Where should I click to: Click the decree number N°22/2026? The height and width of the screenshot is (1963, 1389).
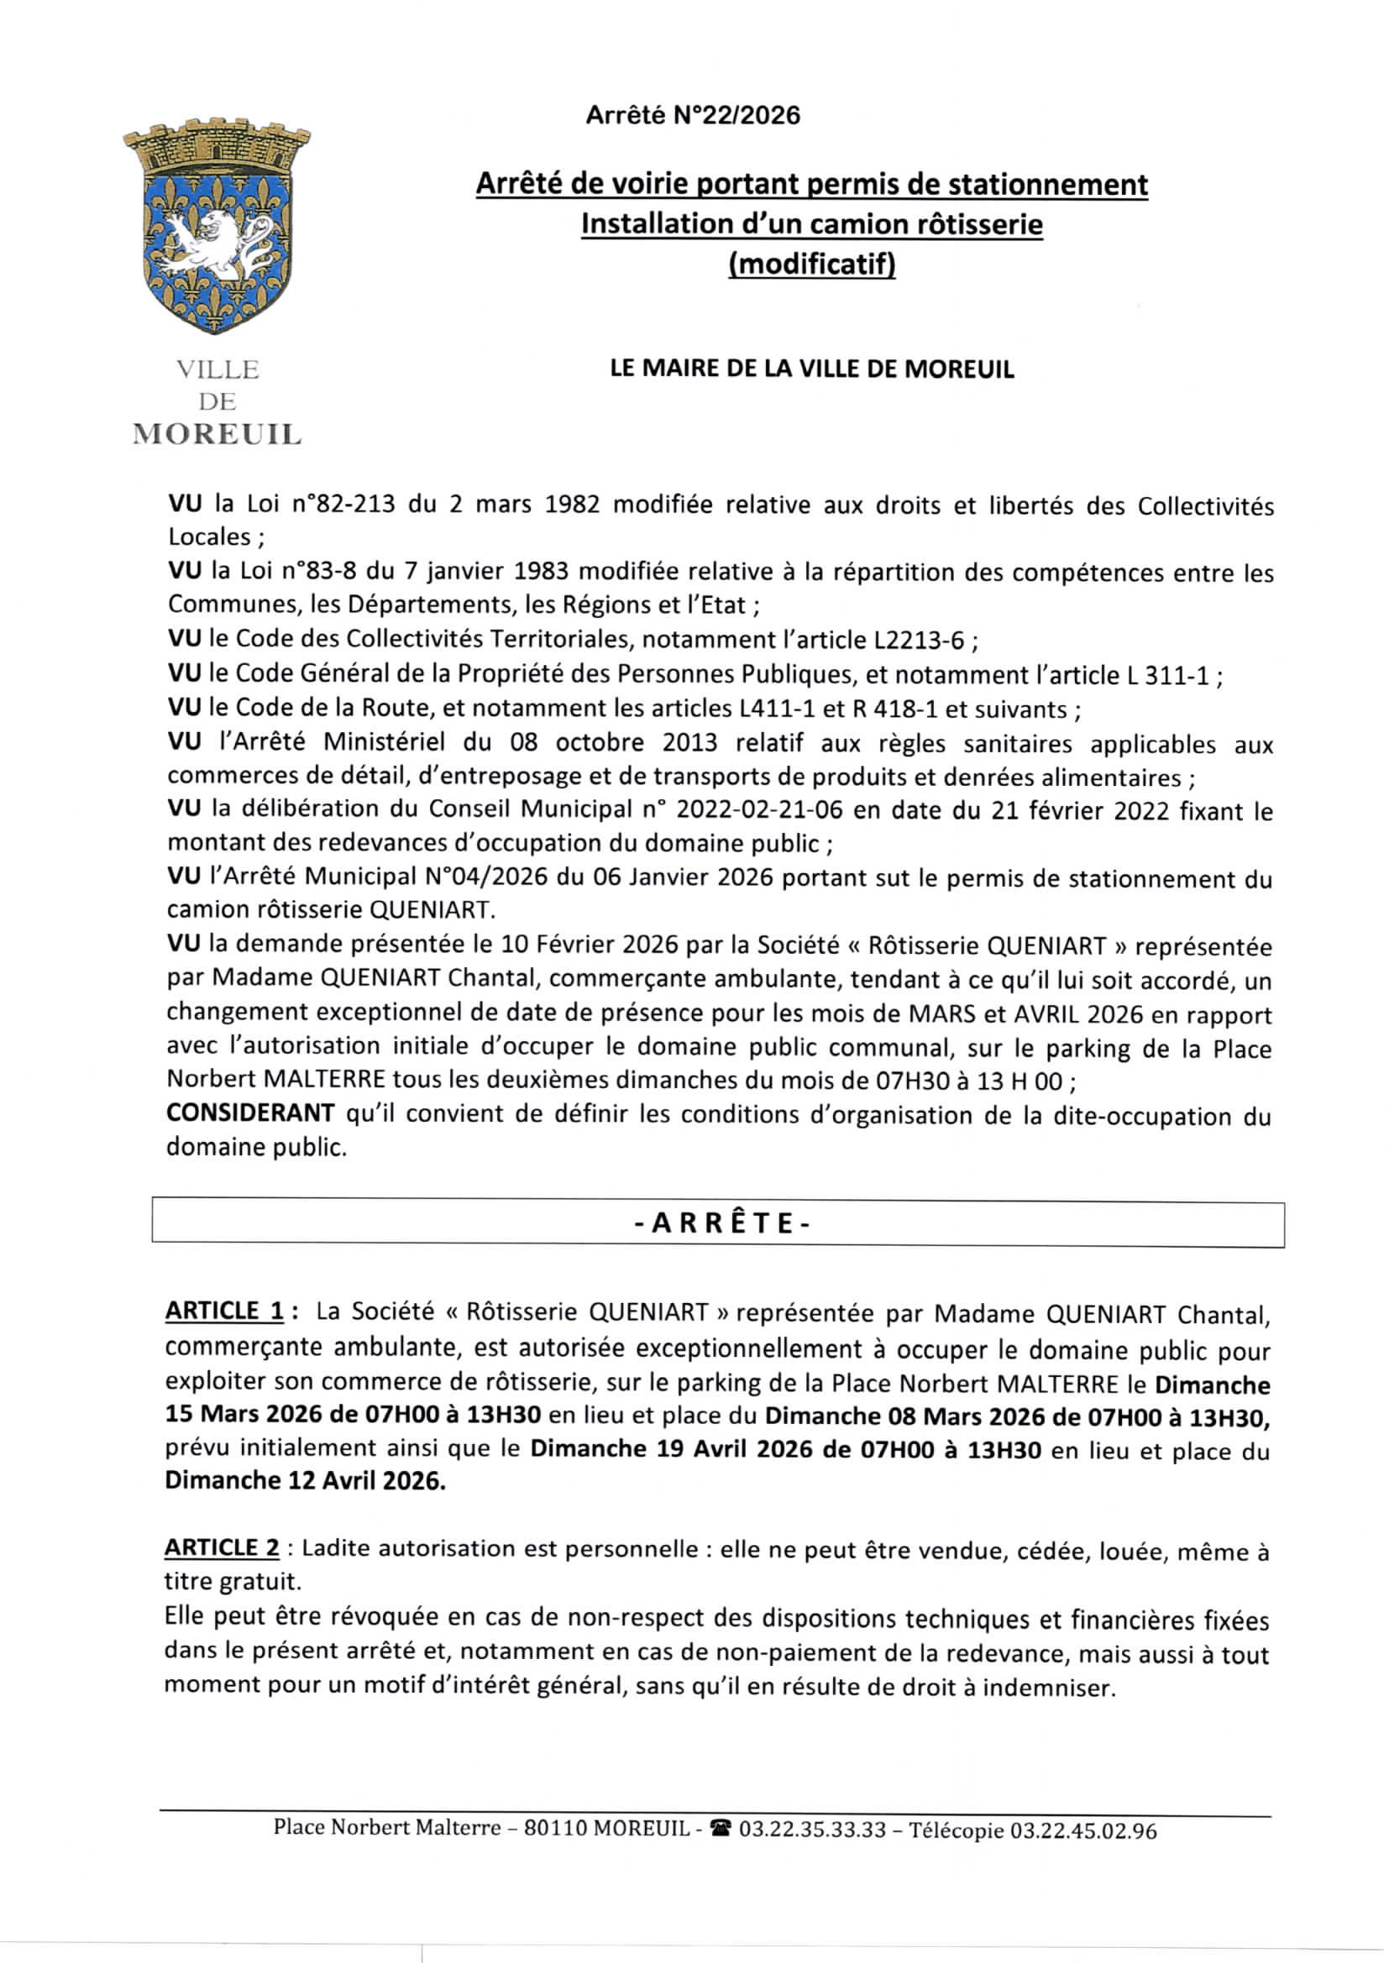pos(736,115)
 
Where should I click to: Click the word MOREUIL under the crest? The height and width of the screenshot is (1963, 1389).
pos(217,434)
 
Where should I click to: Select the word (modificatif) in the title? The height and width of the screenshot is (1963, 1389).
pos(811,264)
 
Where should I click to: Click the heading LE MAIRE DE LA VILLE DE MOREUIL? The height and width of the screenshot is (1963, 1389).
pos(811,369)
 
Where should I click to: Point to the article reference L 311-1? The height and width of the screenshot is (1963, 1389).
pos(1166,675)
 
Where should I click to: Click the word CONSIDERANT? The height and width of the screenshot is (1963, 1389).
pos(249,1113)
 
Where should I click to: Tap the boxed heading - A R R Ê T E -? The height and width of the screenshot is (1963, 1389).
pos(719,1223)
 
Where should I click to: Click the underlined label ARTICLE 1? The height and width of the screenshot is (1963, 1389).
pos(224,1311)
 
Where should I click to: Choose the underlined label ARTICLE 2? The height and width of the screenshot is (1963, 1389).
pos(222,1547)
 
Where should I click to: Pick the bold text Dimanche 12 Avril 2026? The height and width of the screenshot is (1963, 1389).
pos(306,1480)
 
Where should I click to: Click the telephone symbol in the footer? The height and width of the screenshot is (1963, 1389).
pos(722,1830)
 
